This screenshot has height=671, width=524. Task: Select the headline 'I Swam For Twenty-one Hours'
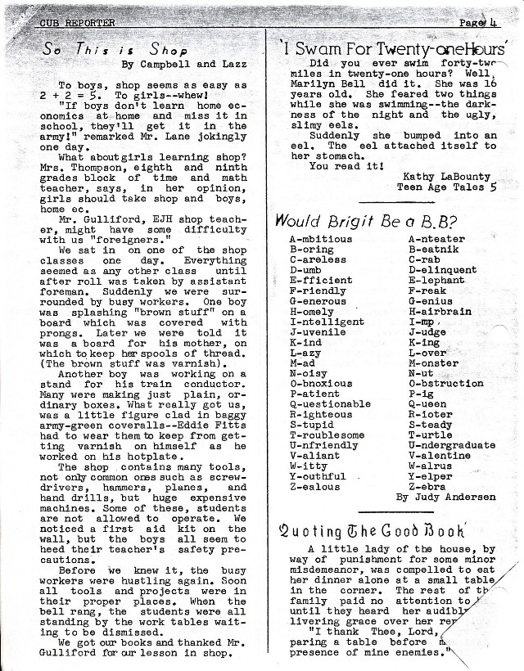[394, 48]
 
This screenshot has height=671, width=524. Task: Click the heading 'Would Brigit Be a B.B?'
[366, 220]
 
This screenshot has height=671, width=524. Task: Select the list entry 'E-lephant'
[436, 280]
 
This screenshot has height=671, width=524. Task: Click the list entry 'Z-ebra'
[429, 486]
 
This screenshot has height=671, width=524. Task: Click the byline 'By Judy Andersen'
[445, 497]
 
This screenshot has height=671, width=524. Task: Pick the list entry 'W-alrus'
[431, 466]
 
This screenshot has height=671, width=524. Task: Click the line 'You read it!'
[346, 164]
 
